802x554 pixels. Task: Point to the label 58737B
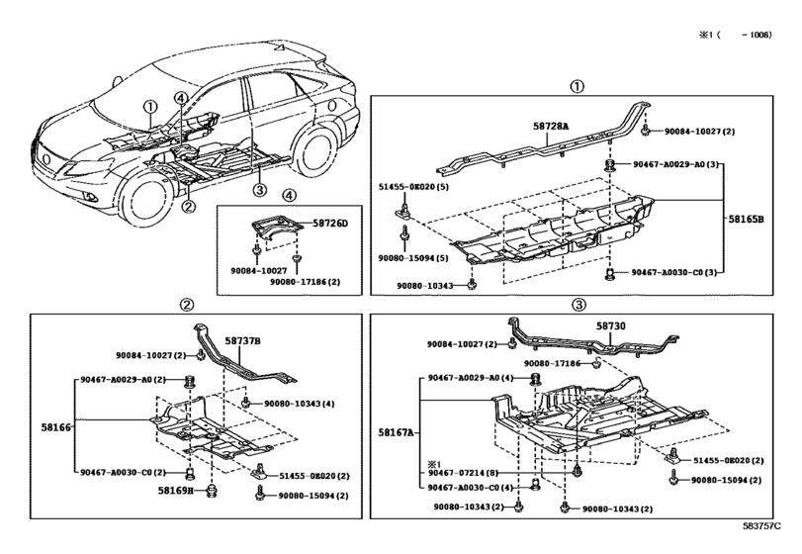coord(241,341)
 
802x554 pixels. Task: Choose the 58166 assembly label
coord(55,427)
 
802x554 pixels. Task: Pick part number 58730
coord(610,325)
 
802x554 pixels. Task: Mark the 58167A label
coord(397,433)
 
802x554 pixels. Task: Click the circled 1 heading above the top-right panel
coord(578,86)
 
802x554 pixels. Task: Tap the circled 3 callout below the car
coord(259,190)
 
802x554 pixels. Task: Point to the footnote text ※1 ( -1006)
coord(737,33)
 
